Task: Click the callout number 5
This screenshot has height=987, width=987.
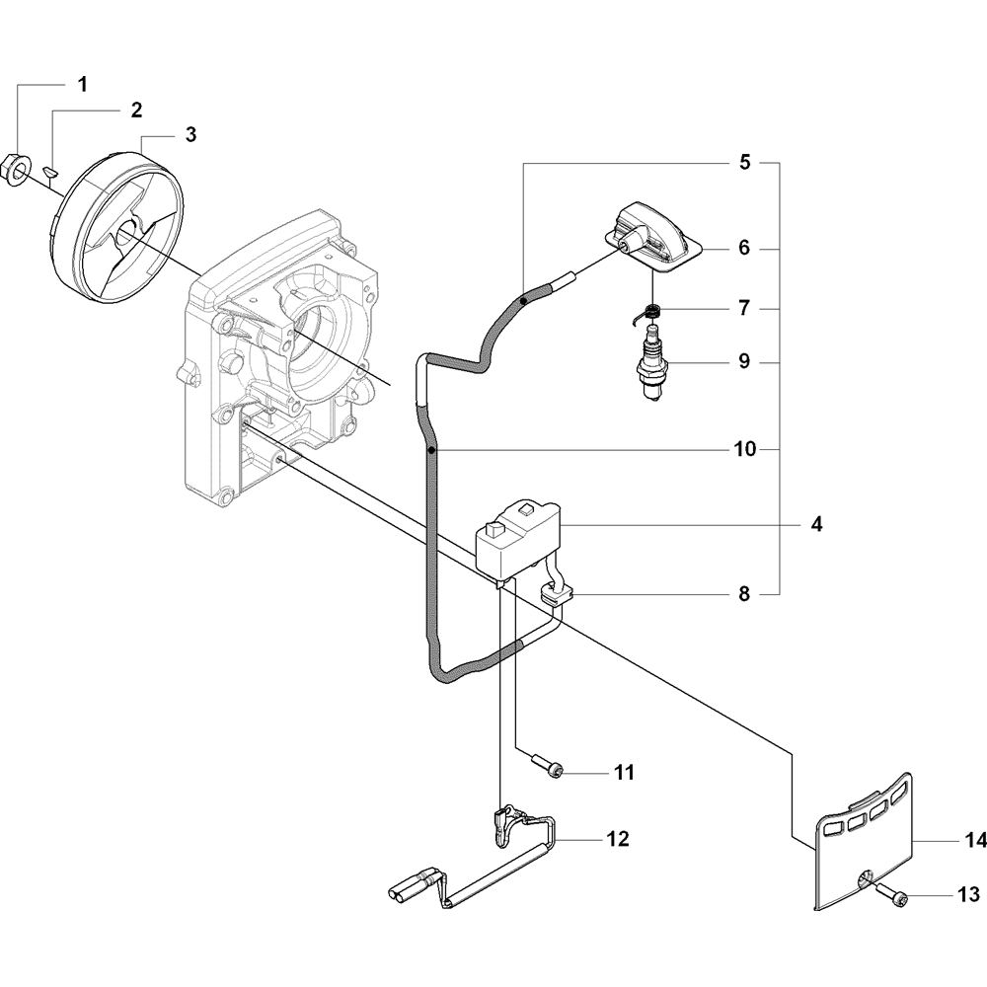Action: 744,161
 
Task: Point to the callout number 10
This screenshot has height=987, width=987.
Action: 744,450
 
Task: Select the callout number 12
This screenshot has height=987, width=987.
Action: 618,839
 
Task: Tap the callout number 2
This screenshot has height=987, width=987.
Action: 136,110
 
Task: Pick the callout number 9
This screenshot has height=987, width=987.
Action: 744,362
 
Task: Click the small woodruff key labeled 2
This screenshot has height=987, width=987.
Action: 51,174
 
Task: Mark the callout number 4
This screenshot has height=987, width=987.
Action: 816,524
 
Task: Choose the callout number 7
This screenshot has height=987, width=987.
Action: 744,308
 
